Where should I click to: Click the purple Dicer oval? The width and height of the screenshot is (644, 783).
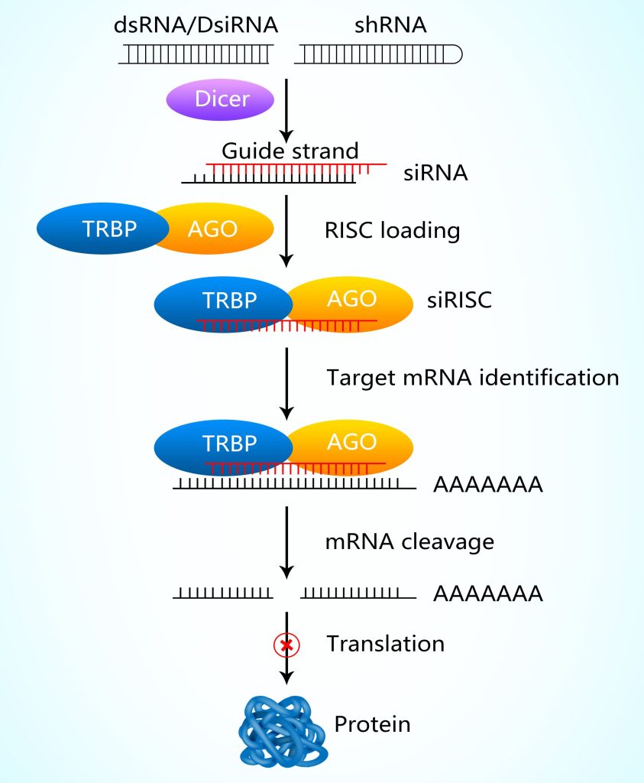coord(221,99)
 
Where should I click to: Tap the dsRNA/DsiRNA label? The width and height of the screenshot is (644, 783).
coord(195,25)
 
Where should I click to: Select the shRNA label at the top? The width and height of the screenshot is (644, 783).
coord(390,25)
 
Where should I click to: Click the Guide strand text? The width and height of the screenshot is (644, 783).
coord(290,150)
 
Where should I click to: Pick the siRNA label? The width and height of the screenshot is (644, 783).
coord(435,173)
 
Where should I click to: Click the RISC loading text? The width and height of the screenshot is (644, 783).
coord(393,230)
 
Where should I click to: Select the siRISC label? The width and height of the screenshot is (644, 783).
coord(459,300)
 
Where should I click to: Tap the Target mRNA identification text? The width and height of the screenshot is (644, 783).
coord(472,377)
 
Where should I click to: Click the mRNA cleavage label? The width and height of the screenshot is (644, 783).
coord(409,541)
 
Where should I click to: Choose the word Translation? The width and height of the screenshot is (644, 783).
coord(386,644)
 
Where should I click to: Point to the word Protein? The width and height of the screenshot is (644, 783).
coord(372,723)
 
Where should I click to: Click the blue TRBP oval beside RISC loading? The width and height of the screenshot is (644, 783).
coord(103,229)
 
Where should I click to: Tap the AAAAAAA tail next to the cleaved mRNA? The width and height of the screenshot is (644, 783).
coord(487,593)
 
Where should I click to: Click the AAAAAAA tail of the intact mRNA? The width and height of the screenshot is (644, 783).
coord(487,485)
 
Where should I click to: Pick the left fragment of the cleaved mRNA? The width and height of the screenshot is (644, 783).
coord(222,593)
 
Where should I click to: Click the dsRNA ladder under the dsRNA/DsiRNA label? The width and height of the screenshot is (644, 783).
coord(196,54)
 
